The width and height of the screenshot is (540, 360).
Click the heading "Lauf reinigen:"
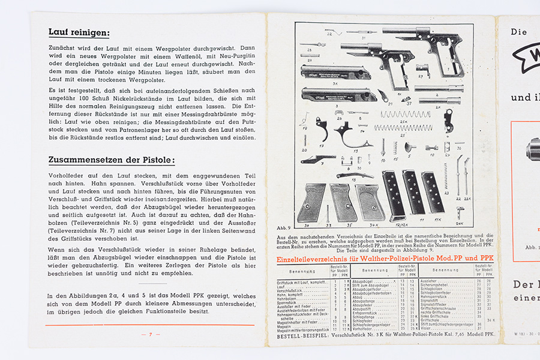coord(79,33)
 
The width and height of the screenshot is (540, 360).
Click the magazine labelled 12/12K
coord(394,196)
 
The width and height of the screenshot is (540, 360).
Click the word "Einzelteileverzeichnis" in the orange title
coord(312,259)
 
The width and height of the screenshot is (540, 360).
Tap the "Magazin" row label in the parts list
coord(286,325)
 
